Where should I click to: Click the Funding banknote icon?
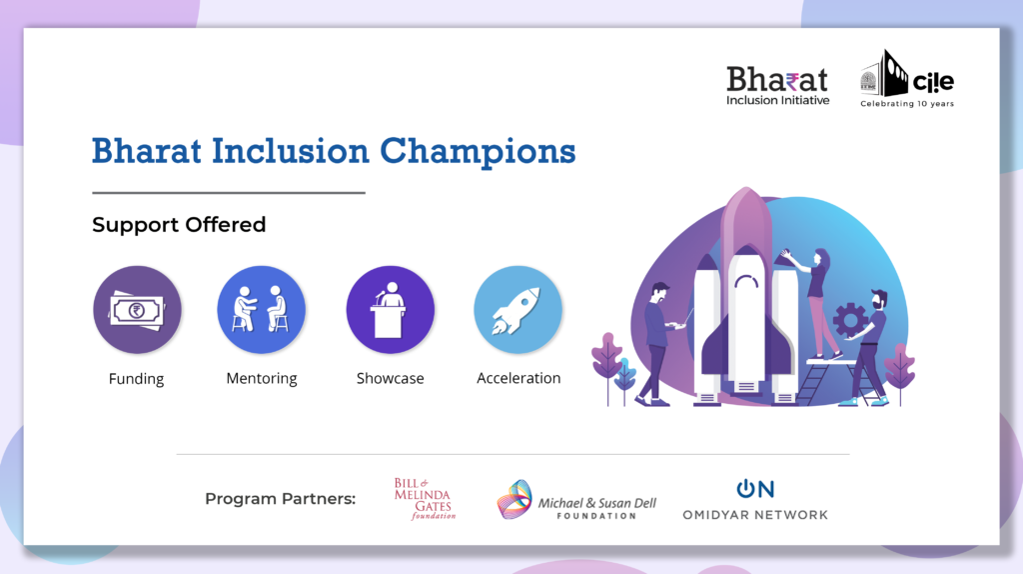pos(137,310)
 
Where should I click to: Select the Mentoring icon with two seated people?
pos(262,310)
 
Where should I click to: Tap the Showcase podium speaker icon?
pos(391,310)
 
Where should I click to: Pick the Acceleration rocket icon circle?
pos(518,310)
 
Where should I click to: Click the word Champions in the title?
pos(478,151)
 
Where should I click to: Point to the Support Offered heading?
pos(179,225)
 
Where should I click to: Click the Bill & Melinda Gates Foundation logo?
pos(424,499)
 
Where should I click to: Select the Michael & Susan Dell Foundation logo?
pos(576,500)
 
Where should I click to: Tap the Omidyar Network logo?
pos(755,500)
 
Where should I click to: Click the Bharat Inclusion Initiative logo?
pos(777,86)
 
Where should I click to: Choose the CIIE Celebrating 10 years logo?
pos(907,79)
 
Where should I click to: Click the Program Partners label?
pos(281,499)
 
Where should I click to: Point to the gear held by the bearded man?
pos(849,321)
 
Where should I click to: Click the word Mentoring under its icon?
pos(262,379)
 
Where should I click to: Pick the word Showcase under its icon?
pos(391,378)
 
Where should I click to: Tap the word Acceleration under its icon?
pos(518,378)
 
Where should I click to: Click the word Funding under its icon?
pos(136,379)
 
